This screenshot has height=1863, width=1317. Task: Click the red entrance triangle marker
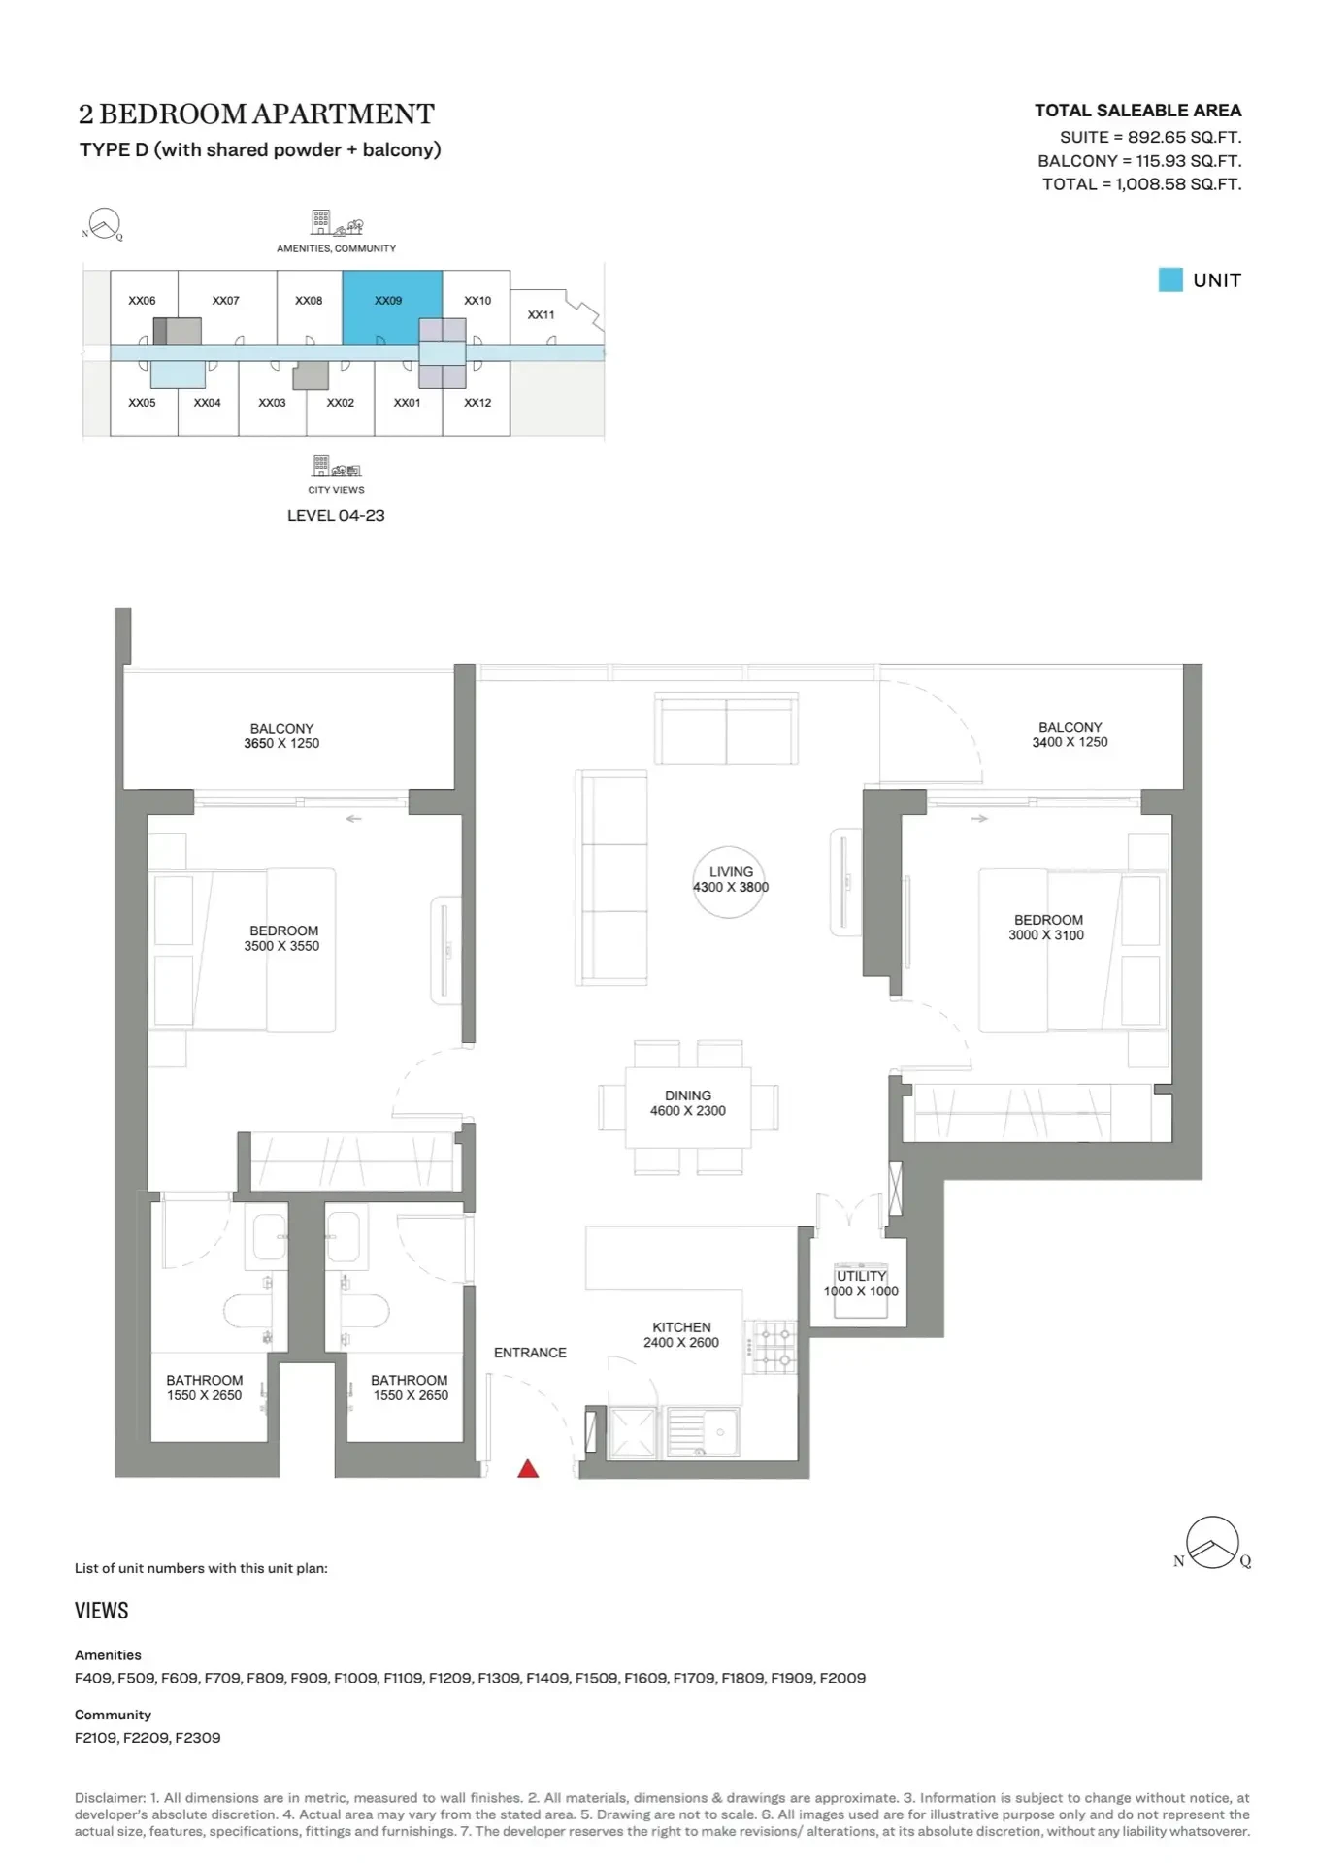pyautogui.click(x=528, y=1468)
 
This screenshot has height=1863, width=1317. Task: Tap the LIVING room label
pyautogui.click(x=731, y=871)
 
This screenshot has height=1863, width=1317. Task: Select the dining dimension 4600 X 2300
pyautogui.click(x=688, y=1111)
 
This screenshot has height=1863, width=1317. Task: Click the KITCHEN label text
pyautogui.click(x=681, y=1327)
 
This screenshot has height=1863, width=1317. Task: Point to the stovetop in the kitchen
pyautogui.click(x=772, y=1347)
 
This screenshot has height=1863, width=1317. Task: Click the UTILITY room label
pyautogui.click(x=862, y=1276)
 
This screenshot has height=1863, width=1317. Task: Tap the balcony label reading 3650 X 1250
pyautogui.click(x=281, y=743)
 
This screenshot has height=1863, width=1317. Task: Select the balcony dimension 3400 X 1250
pyautogui.click(x=1070, y=742)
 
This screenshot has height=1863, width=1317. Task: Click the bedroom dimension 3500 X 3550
pyautogui.click(x=281, y=946)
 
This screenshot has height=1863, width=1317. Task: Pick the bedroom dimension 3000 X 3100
pyautogui.click(x=1046, y=935)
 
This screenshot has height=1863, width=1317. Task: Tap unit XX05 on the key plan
pyautogui.click(x=142, y=402)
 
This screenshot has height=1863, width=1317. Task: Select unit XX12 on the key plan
pyautogui.click(x=477, y=402)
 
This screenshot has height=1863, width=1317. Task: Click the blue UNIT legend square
pyautogui.click(x=1170, y=279)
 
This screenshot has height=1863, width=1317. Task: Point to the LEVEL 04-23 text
pyautogui.click(x=336, y=516)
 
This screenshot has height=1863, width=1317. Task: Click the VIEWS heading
pyautogui.click(x=102, y=1611)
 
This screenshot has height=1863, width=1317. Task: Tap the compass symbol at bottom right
pyautogui.click(x=1213, y=1543)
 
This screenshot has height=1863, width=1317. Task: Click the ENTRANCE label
pyautogui.click(x=530, y=1353)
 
